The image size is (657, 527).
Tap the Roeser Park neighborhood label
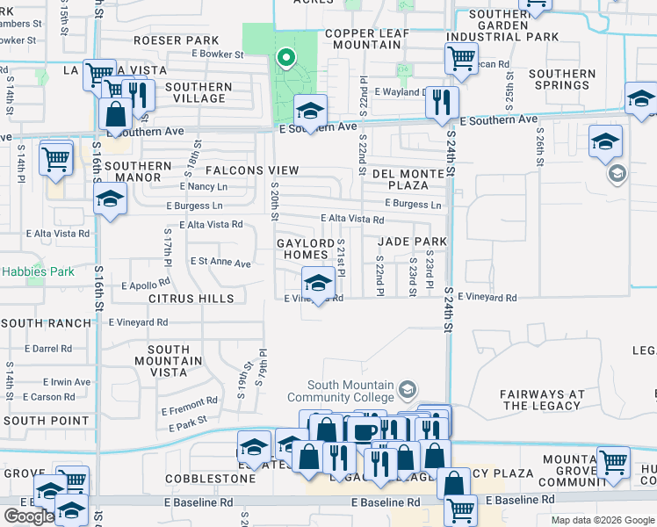pyautogui.click(x=177, y=40)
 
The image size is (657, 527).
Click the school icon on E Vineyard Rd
pyautogui.click(x=317, y=283)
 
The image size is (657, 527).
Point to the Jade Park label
pyautogui.click(x=413, y=242)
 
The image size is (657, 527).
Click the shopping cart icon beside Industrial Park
pyautogui.click(x=461, y=59)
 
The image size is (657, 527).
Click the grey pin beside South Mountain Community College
pyautogui.click(x=407, y=387)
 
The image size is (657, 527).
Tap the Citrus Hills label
pyautogui.click(x=191, y=299)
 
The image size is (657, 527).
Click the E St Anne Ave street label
pyautogui.click(x=220, y=263)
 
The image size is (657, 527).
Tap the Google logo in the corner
pyautogui.click(x=28, y=516)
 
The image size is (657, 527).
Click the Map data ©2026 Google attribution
pyautogui.click(x=602, y=520)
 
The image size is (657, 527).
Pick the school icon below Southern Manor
pyautogui.click(x=111, y=199)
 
